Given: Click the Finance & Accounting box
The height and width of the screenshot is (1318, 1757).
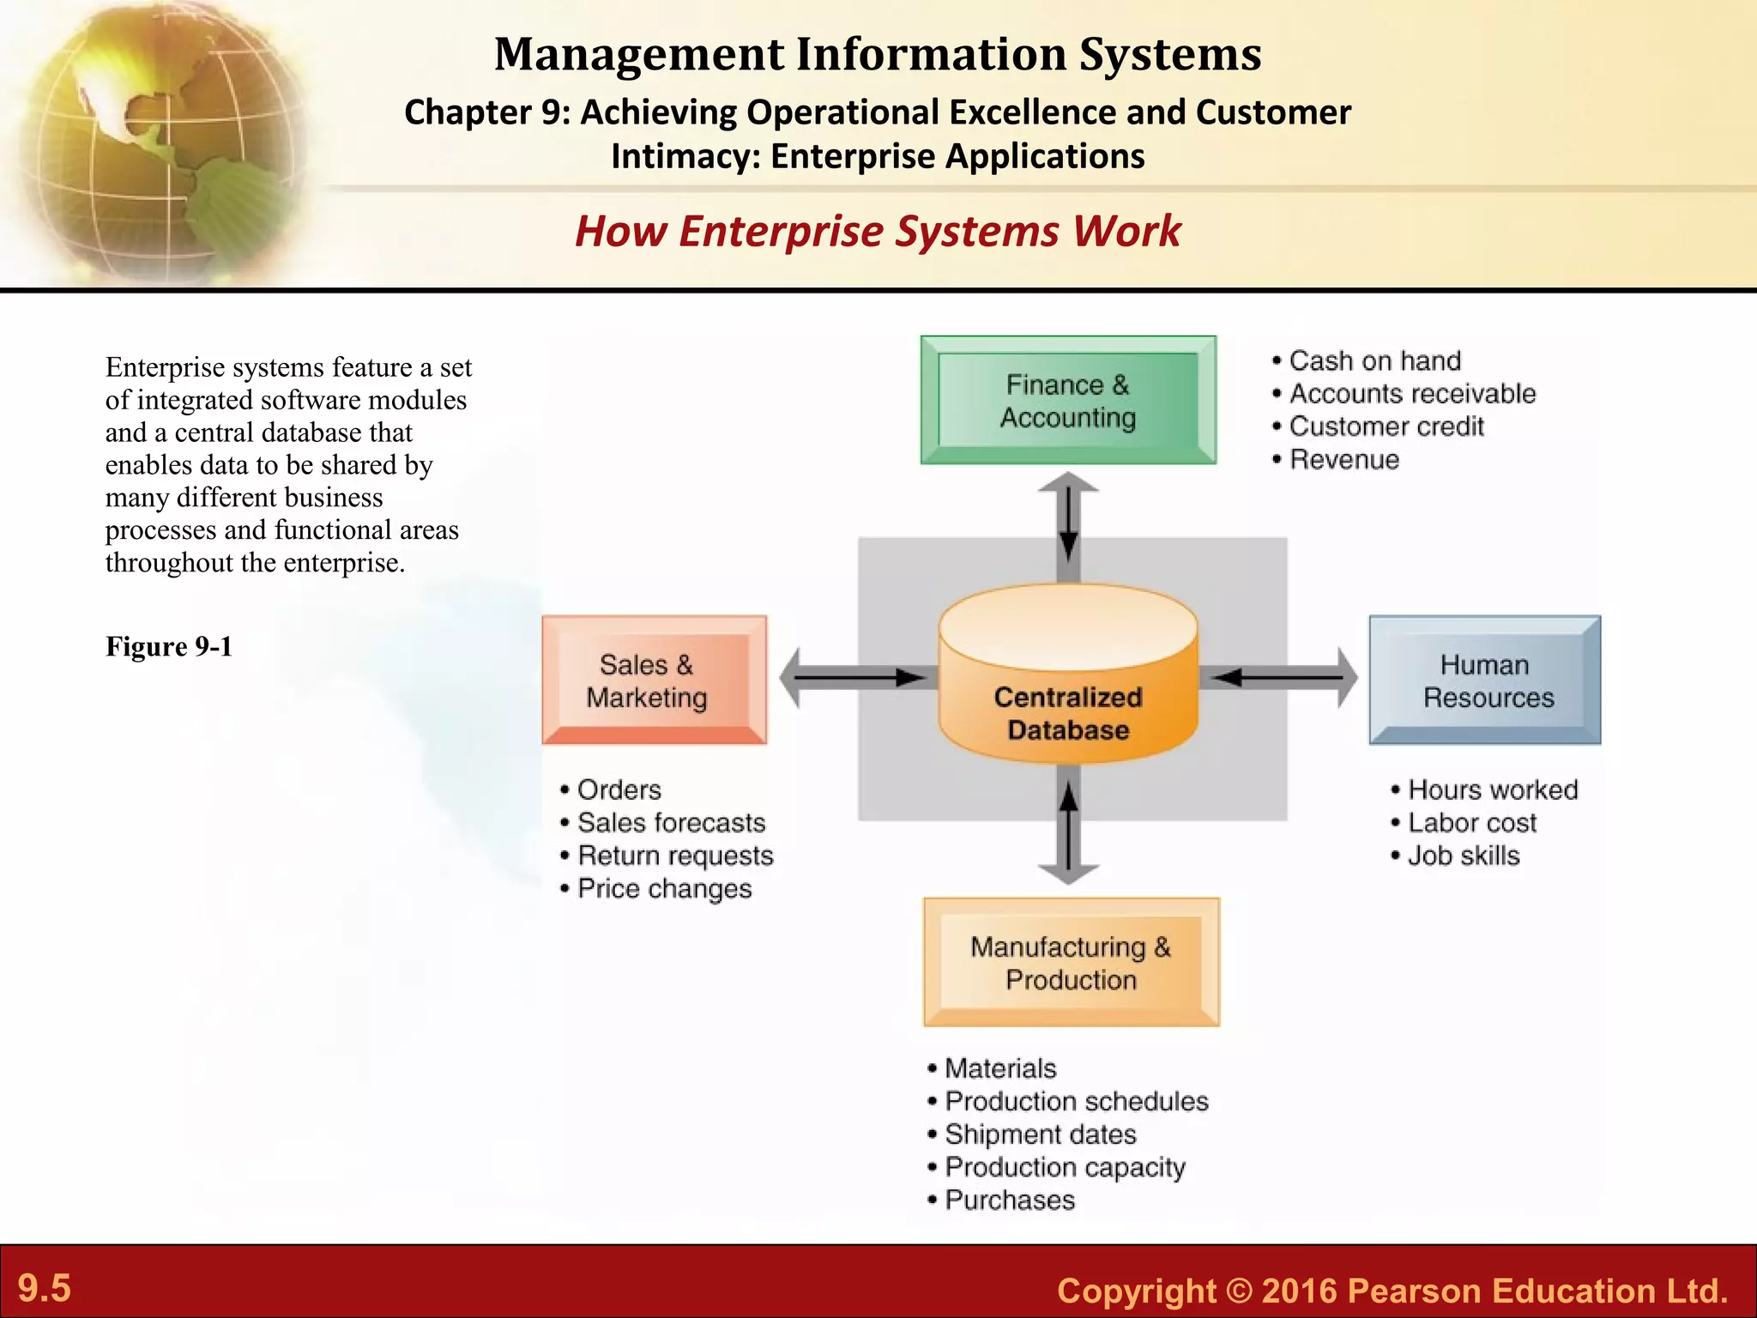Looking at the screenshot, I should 1068,400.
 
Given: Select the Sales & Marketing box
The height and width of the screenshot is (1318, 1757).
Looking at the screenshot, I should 654,680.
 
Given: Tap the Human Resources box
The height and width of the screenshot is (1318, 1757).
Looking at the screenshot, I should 1485,680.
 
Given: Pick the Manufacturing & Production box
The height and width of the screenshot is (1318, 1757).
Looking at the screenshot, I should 1071,962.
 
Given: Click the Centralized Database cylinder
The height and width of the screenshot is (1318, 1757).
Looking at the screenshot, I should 1068,678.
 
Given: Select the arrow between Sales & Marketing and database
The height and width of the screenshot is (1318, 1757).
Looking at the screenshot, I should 854,678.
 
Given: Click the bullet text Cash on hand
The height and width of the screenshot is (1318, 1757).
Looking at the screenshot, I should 1374,360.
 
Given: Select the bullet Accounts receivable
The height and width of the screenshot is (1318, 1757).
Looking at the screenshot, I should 1412,393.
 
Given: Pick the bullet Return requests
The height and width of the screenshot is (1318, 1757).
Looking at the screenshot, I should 675,855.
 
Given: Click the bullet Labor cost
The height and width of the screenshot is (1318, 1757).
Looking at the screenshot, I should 1472,822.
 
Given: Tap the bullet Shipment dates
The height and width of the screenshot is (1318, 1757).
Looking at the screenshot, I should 1040,1134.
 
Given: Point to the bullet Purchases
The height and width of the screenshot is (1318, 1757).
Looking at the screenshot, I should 1010,1200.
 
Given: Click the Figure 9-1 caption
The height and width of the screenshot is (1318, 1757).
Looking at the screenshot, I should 169,646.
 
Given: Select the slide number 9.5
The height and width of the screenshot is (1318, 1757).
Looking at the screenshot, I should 45,1288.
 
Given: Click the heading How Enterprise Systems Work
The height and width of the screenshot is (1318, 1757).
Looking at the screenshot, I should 878,231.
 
